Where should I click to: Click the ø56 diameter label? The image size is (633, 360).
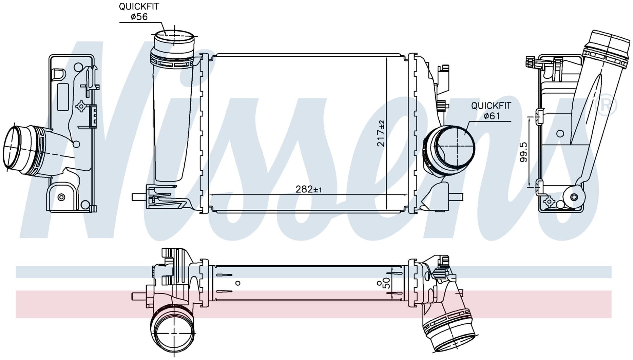tap(139, 17)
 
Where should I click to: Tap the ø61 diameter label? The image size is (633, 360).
tap(492, 116)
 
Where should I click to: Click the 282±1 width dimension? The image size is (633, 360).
tap(308, 189)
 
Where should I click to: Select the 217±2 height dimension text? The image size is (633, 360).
tap(381, 133)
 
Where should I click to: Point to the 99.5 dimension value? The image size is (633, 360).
tap(523, 152)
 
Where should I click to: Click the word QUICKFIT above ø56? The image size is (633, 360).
tap(138, 6)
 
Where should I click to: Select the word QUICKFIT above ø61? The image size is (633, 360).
tap(491, 106)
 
